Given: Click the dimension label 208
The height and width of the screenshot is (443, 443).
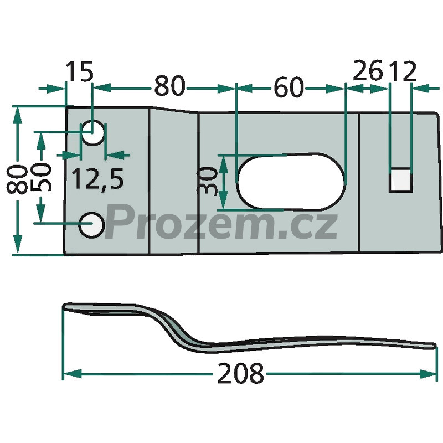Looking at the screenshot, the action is coord(240,373).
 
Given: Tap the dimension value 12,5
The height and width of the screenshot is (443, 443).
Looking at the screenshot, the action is coord(97,179).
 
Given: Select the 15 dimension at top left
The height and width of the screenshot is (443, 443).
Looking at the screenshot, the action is coord(79,71).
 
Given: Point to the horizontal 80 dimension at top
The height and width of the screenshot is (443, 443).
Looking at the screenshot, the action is coord(169,86).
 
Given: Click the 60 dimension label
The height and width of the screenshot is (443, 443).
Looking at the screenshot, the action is coord(289,87).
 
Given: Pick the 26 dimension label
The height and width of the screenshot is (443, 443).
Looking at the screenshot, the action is coord(368,71).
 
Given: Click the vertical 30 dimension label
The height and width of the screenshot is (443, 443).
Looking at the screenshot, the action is coord(208,181).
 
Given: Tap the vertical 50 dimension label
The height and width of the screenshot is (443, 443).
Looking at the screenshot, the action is coord(41,177).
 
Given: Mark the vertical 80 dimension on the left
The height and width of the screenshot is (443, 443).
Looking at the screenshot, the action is coord(17,180).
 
